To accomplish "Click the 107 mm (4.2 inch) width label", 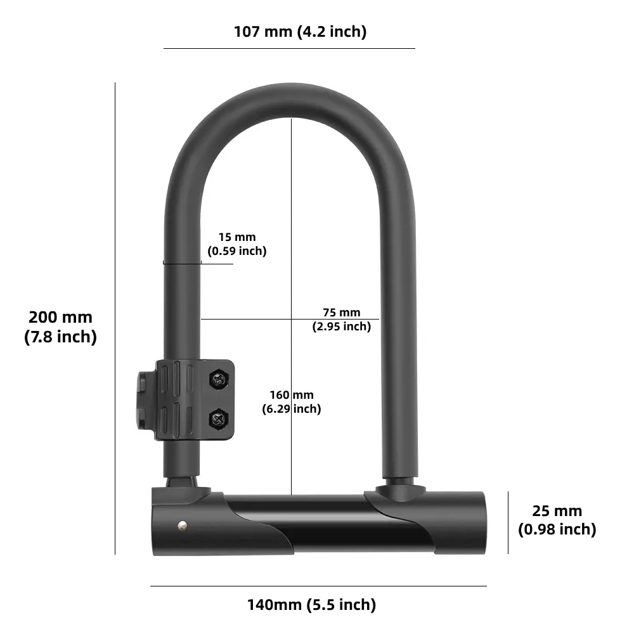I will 300,32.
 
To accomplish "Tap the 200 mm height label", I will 60,317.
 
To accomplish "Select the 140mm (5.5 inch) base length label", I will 311,605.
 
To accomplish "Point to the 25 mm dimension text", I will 557,511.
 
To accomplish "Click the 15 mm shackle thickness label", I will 237,237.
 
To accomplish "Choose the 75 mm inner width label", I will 341,313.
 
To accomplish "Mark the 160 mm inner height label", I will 292,396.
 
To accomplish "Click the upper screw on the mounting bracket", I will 219,380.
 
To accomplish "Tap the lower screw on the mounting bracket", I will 219,418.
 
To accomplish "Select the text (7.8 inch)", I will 60,337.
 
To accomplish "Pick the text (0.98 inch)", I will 557,529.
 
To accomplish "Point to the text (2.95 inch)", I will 341,327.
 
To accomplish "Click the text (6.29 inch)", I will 292,409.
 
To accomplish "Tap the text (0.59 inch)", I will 237,251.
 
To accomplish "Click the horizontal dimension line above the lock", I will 289,48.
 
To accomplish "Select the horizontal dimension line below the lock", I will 318,586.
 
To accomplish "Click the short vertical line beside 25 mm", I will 508,522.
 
